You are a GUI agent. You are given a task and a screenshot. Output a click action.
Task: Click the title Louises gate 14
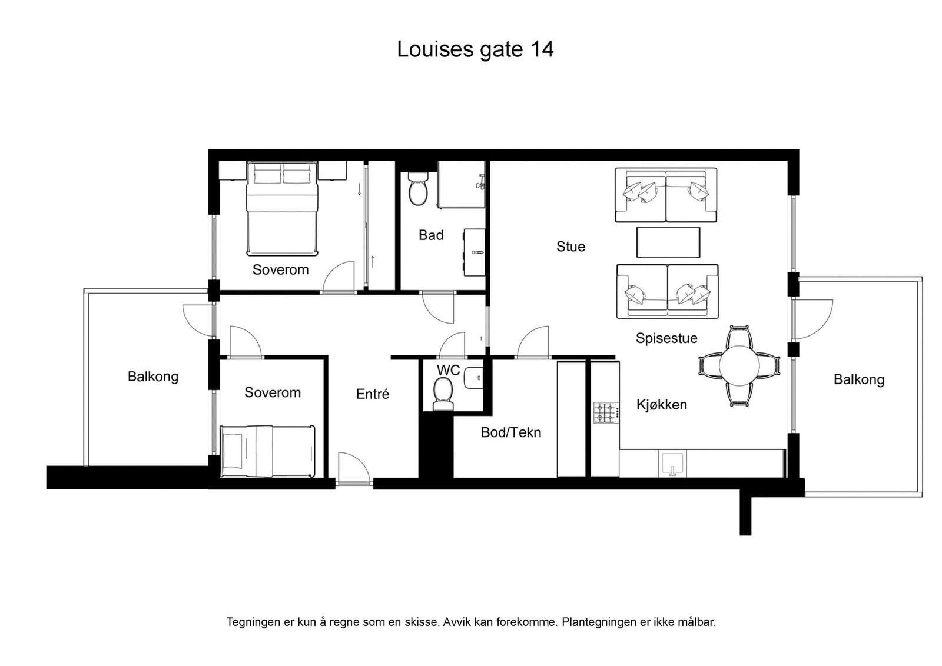pos(475,49)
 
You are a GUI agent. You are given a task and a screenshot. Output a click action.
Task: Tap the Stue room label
pos(570,247)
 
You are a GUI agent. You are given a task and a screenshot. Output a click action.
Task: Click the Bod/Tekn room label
pos(510,432)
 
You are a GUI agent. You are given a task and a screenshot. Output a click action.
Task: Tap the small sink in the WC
pos(474,377)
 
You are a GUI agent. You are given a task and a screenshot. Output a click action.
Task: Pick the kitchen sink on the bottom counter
pos(672,463)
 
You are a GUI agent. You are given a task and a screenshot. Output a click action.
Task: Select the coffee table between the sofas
pos(668,242)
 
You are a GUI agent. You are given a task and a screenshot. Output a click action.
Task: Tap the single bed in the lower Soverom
pos(267,451)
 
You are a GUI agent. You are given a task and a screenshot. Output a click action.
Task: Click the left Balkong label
pos(153,377)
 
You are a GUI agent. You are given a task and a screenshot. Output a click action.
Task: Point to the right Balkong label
pos(858,379)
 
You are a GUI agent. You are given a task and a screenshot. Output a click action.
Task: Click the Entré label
pos(372,394)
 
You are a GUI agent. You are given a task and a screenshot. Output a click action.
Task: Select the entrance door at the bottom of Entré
pos(354,471)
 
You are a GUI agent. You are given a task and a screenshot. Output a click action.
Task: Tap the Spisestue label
pos(666,338)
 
